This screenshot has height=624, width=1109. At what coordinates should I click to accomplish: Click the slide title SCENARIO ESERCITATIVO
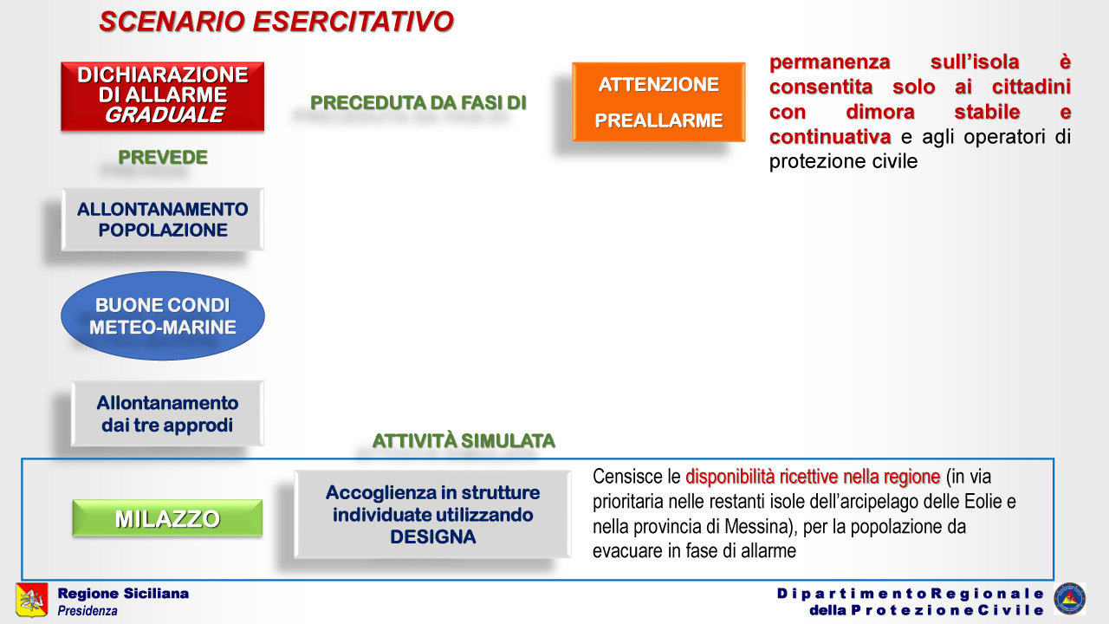pyautogui.click(x=276, y=22)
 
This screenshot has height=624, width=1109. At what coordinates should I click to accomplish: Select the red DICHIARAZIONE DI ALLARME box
pyautogui.click(x=162, y=96)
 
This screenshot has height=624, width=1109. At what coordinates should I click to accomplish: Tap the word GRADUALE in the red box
pyautogui.click(x=165, y=115)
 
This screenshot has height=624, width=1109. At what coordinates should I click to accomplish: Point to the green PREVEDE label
pyautogui.click(x=163, y=157)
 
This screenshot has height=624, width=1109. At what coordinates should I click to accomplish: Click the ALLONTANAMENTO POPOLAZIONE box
pyautogui.click(x=162, y=219)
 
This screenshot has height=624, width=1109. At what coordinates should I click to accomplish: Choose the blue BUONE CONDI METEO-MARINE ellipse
pyautogui.click(x=162, y=315)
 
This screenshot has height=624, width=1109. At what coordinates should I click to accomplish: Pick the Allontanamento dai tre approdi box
pyautogui.click(x=167, y=413)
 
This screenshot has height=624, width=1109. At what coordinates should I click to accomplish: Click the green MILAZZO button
pyautogui.click(x=167, y=518)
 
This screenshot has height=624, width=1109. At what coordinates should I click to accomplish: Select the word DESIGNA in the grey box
pyautogui.click(x=432, y=536)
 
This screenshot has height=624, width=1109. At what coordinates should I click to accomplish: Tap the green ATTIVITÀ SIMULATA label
pyautogui.click(x=464, y=441)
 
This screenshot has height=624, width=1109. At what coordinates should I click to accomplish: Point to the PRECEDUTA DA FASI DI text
pyautogui.click(x=418, y=102)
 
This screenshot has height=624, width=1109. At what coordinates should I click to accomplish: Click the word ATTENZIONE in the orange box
pyautogui.click(x=658, y=84)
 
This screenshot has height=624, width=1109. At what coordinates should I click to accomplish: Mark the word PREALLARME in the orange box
pyautogui.click(x=658, y=120)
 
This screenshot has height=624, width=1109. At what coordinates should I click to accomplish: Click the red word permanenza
pyautogui.click(x=830, y=62)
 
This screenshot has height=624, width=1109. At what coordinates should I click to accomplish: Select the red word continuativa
pyautogui.click(x=830, y=137)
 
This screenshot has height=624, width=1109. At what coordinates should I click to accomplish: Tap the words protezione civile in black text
pyautogui.click(x=843, y=161)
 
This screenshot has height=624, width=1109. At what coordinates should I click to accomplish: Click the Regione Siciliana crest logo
pyautogui.click(x=32, y=600)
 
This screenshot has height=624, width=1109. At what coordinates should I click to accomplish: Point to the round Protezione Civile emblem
pyautogui.click(x=1069, y=599)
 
